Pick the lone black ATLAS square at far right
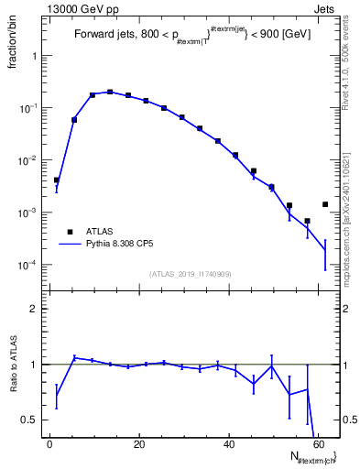click(x=325, y=204)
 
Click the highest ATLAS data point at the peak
click(x=110, y=92)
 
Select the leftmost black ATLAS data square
click(x=57, y=180)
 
